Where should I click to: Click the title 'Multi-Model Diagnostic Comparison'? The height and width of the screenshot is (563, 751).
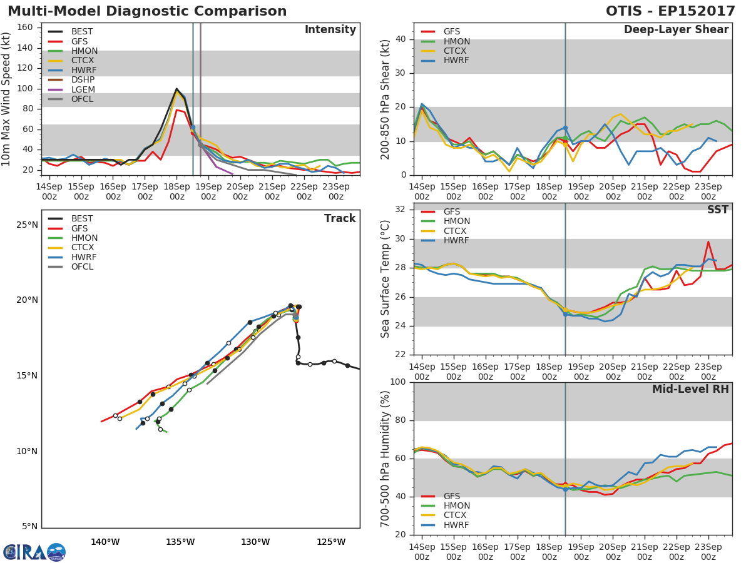point(147,11)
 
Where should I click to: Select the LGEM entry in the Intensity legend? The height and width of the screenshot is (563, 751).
point(83,89)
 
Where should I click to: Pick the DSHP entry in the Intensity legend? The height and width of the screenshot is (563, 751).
point(83,80)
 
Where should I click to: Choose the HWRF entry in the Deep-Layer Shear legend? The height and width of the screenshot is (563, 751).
point(456,61)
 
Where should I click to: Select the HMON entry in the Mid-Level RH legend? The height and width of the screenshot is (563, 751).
point(456,505)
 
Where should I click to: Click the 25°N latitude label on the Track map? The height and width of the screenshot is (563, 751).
point(27,225)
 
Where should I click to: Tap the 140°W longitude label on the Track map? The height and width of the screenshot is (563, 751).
point(105,542)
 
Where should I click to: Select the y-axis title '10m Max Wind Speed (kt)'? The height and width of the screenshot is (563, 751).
point(8,100)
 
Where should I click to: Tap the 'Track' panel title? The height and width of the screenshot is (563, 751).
point(339,218)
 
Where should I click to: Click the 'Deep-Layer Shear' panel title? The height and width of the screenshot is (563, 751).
point(676,30)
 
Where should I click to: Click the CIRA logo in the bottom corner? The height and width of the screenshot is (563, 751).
point(34,552)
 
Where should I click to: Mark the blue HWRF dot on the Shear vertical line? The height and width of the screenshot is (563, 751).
point(565,128)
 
